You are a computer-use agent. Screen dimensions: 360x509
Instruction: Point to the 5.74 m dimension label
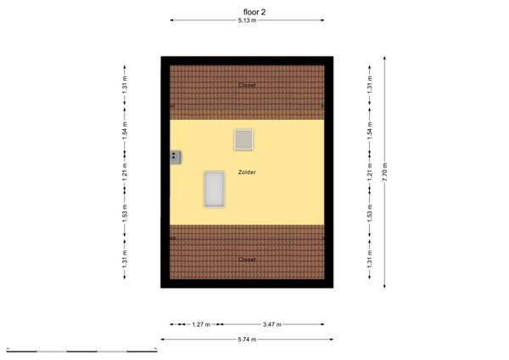point(246,340)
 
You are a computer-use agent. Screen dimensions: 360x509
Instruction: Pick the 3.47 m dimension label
point(272,324)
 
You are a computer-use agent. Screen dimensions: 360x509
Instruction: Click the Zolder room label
point(247,172)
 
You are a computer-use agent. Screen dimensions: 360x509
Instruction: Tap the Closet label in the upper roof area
point(247,85)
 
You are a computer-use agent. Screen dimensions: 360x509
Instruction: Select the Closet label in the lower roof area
point(247,259)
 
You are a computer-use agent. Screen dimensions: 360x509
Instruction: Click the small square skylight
point(244,139)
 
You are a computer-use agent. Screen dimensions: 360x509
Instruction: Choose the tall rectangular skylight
point(214,189)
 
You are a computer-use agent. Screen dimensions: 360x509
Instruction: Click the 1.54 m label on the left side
point(124,131)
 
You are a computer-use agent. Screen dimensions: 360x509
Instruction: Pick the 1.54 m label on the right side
point(369,131)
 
